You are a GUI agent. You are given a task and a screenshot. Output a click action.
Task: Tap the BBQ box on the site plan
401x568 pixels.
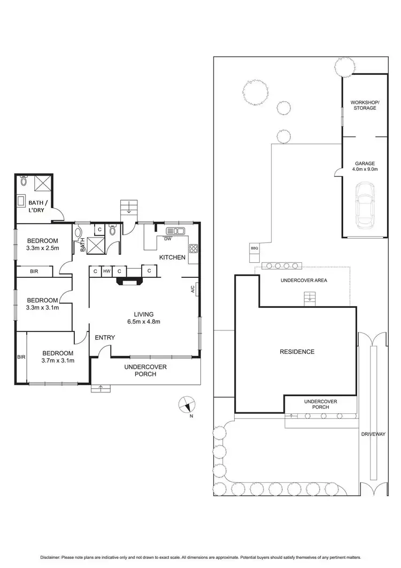pos(253,248)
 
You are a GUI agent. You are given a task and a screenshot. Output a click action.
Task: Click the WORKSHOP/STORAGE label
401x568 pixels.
pos(364,104)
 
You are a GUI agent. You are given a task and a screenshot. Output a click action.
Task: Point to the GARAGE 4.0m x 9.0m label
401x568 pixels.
pos(365,166)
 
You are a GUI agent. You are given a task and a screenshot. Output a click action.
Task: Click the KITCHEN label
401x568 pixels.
pos(172,258)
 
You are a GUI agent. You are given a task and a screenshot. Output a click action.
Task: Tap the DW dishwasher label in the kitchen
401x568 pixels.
pos(167,239)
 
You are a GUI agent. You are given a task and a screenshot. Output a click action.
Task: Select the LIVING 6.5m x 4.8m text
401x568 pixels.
pos(144,317)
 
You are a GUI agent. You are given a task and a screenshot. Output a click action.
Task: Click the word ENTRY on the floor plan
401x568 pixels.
pos(105,337)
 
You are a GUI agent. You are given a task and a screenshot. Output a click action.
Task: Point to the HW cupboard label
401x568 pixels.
pos(107,271)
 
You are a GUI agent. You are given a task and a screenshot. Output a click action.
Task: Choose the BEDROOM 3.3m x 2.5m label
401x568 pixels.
pos(43,244)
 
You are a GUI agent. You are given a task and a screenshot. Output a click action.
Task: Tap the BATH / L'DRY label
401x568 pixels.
pos(37,206)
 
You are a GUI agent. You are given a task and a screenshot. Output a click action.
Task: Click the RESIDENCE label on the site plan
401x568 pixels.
pos(297,352)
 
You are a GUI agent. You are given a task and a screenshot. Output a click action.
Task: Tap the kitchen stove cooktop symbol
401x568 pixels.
pos(193,248)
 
